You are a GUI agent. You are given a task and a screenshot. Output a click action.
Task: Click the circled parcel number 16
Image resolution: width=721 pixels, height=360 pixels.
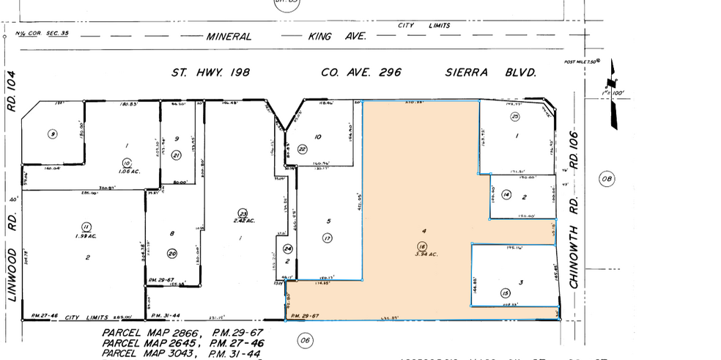click(421, 246)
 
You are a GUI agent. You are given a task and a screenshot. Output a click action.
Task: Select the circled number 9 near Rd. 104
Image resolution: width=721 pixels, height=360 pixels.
click(51, 133)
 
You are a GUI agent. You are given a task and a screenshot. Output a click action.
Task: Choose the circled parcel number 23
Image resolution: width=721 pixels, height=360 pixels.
click(233, 213)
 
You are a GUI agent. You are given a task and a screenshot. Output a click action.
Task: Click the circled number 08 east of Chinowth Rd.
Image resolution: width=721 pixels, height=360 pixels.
click(605, 178)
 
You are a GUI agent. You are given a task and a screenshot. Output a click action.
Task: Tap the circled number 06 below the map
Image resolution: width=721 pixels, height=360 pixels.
click(306, 339)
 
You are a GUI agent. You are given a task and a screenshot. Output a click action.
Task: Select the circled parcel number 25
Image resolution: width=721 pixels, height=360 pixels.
click(515, 117)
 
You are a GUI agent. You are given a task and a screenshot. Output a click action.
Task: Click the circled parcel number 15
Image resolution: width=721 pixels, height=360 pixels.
click(505, 293)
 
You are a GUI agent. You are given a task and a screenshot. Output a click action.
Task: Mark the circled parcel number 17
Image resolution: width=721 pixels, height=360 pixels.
click(327, 237)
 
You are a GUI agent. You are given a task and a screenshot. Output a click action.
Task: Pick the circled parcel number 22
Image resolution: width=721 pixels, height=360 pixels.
click(303, 149)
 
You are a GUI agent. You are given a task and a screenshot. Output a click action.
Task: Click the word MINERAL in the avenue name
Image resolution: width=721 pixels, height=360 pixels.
click(229, 36)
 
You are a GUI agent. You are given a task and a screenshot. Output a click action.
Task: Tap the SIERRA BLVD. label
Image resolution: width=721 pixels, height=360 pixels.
click(491, 73)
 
